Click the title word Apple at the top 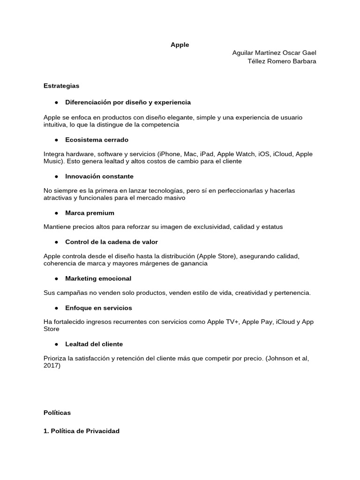(x=180, y=45)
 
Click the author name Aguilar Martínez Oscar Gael (x=274, y=53)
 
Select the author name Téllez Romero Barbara (x=282, y=61)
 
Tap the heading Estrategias (x=61, y=86)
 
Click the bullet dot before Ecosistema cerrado (x=56, y=140)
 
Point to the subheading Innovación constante (x=99, y=176)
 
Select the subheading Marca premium (x=90, y=213)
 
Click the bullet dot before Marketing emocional (x=56, y=278)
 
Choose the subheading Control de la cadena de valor (x=112, y=242)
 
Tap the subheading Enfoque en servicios (x=98, y=307)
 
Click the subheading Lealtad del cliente (x=94, y=344)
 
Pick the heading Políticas (x=57, y=412)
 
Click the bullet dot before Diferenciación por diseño (x=56, y=102)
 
